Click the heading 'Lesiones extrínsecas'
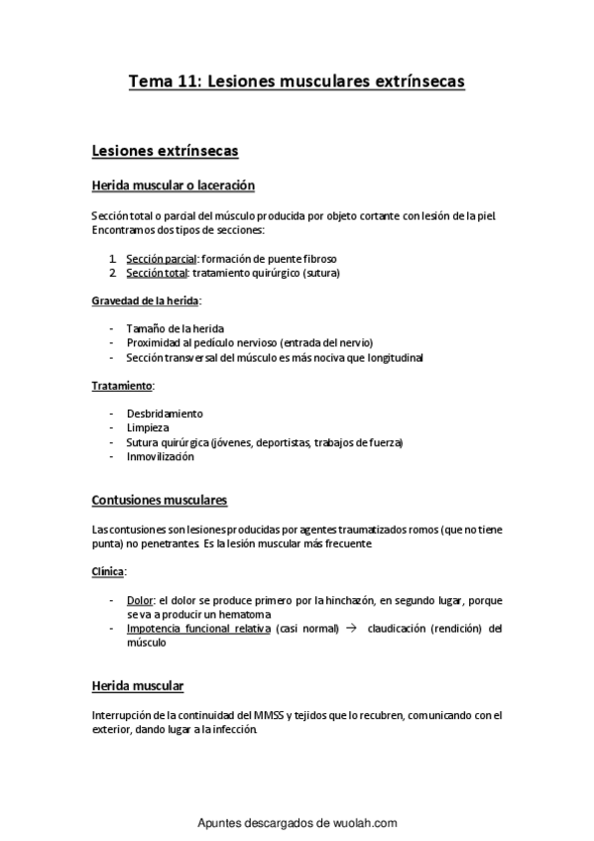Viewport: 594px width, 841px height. (x=164, y=151)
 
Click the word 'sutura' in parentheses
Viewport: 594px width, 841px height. (x=321, y=272)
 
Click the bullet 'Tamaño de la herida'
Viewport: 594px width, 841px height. (x=175, y=328)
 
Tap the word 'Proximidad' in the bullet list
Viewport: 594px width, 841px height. (x=155, y=342)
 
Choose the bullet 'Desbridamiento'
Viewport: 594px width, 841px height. (x=165, y=413)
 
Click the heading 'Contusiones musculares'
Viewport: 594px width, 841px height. (x=159, y=500)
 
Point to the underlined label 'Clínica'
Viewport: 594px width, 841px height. (x=108, y=572)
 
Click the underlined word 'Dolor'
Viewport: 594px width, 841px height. (x=140, y=601)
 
